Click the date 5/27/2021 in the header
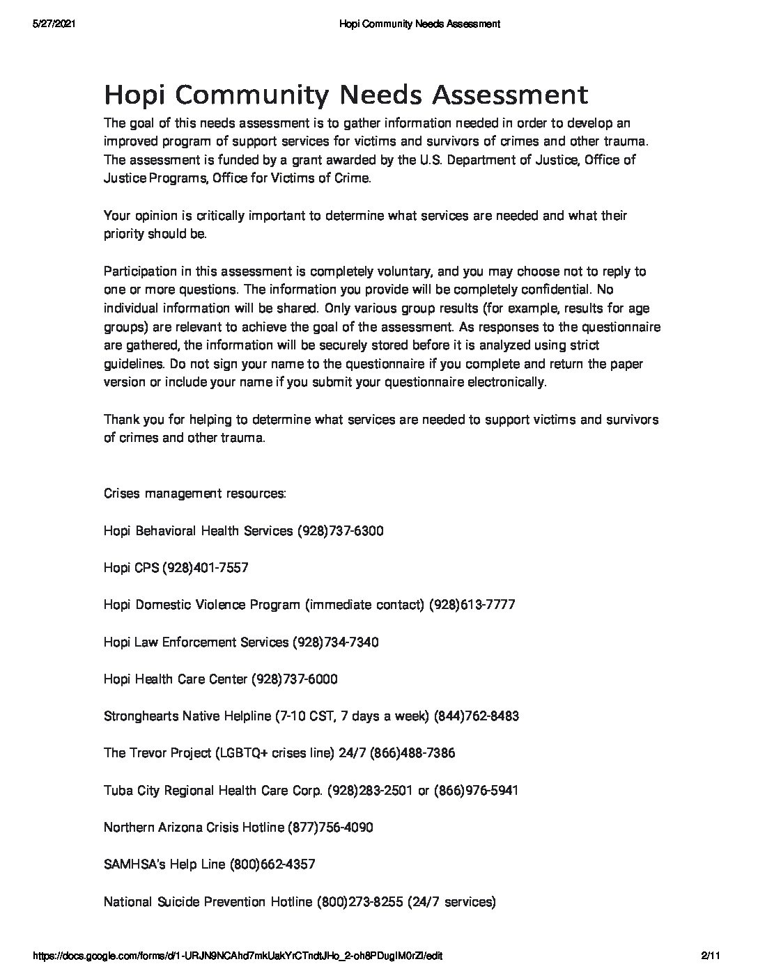tap(54, 24)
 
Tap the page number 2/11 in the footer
tap(709, 956)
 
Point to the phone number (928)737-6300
tap(340, 531)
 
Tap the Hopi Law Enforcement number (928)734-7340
tap(335, 642)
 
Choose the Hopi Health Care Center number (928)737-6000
tap(294, 679)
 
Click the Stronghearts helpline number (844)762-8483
tap(476, 716)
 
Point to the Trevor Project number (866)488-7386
tap(412, 753)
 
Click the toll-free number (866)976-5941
tap(476, 790)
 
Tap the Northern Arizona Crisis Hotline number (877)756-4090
tap(330, 827)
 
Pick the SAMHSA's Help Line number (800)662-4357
tap(272, 864)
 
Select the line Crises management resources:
tap(194, 493)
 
